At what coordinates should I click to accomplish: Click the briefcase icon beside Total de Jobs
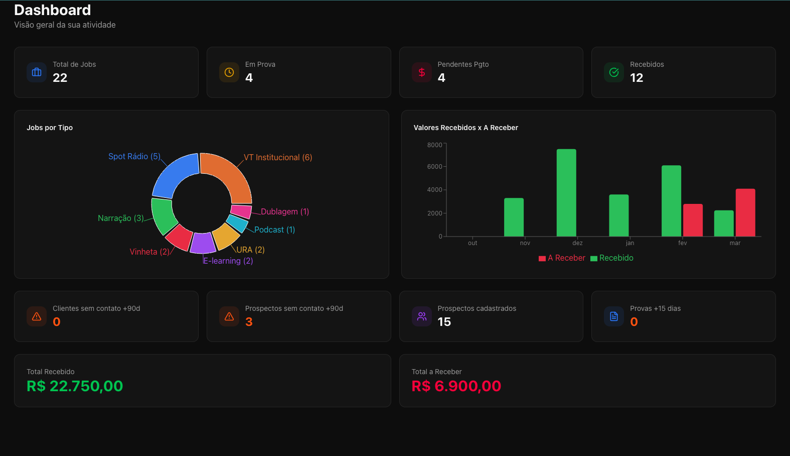click(x=37, y=72)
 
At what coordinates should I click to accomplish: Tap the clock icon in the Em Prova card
click(x=229, y=72)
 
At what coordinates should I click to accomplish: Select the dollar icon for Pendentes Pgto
click(x=422, y=72)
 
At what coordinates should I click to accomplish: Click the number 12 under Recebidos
click(x=637, y=78)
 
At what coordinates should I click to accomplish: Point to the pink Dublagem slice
click(x=241, y=211)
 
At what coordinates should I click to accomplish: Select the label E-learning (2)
click(x=228, y=261)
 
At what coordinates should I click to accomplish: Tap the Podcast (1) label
click(x=274, y=230)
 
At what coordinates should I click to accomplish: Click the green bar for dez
click(x=566, y=193)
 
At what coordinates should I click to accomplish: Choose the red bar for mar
click(x=745, y=213)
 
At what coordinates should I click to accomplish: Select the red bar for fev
click(x=693, y=220)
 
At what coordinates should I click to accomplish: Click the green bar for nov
click(x=514, y=217)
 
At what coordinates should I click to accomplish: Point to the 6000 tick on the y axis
click(x=434, y=167)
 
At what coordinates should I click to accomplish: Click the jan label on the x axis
click(x=630, y=243)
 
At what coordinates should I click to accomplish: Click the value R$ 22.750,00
click(x=75, y=386)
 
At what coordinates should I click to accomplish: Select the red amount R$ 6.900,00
click(x=456, y=386)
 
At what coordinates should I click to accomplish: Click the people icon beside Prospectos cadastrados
click(x=422, y=316)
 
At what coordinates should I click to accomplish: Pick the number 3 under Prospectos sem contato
click(x=249, y=322)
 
